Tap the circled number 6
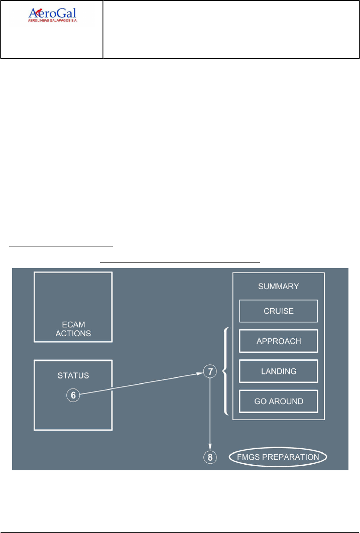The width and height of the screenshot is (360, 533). click(x=73, y=395)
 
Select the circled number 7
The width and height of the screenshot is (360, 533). click(x=210, y=371)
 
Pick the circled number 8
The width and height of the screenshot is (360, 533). click(x=210, y=457)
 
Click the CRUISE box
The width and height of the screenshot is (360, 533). click(x=279, y=311)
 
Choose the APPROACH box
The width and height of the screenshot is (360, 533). click(x=279, y=341)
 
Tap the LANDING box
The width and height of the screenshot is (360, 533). click(x=279, y=371)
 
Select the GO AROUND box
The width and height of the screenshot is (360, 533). click(x=279, y=402)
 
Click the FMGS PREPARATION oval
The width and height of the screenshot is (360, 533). click(x=279, y=457)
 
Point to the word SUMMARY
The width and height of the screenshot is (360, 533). click(x=279, y=286)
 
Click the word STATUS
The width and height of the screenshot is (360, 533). click(x=73, y=375)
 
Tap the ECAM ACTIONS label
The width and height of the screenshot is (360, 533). click(x=73, y=329)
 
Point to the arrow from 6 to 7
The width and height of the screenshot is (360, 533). click(x=141, y=384)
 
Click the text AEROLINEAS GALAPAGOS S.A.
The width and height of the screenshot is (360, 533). click(x=52, y=23)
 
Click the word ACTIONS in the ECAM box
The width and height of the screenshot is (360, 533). click(x=73, y=333)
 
